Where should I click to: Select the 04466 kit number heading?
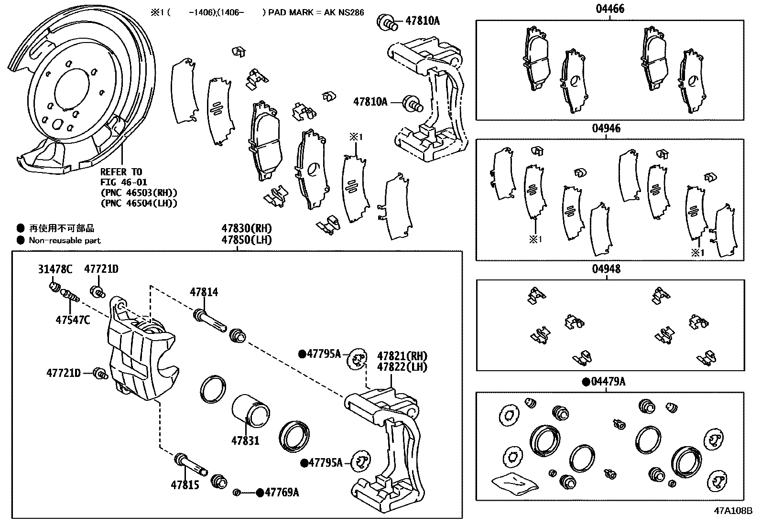(x=609, y=9)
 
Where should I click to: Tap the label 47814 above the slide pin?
(x=204, y=291)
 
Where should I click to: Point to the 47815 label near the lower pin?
(x=185, y=485)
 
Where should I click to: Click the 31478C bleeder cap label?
(x=55, y=269)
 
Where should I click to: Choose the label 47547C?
(x=73, y=320)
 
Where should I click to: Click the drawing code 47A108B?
(x=733, y=510)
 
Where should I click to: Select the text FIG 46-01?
(x=123, y=182)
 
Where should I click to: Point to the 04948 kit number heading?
(x=607, y=269)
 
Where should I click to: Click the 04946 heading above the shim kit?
(x=607, y=128)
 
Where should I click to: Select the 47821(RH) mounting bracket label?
(x=402, y=356)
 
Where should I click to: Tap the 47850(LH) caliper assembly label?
(x=246, y=239)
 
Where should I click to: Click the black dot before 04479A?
(x=585, y=382)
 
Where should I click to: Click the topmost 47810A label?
(x=422, y=21)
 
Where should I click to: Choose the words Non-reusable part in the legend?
(x=65, y=240)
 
